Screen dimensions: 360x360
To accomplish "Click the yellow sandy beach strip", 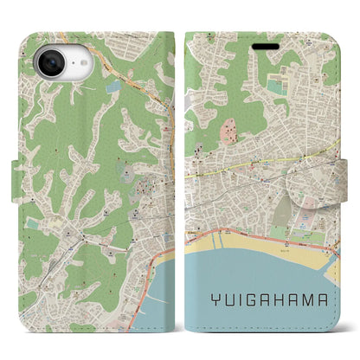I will click(260, 238).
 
